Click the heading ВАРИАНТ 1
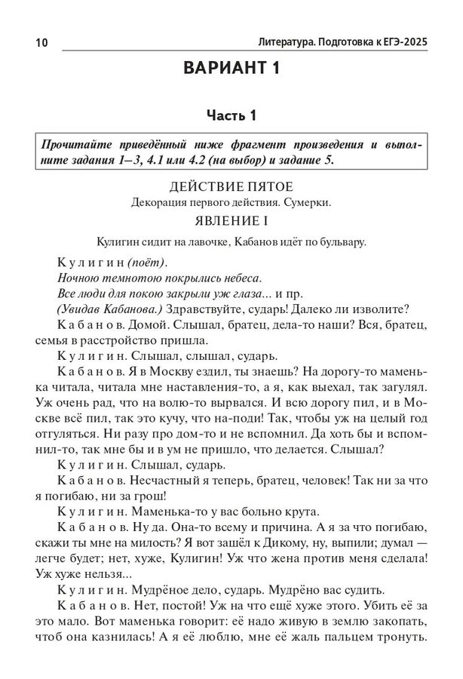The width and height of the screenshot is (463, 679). point(231,70)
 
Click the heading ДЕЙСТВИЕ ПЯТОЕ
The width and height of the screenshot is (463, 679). point(231,186)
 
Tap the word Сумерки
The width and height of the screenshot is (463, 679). point(308,203)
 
